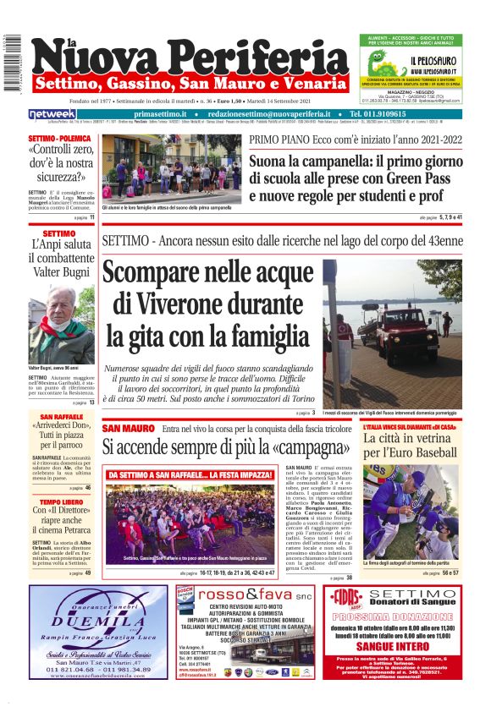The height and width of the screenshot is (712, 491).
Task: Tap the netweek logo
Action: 52,113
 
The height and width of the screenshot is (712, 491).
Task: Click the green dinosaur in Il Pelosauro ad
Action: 378,63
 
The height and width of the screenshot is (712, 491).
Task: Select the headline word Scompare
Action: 157,277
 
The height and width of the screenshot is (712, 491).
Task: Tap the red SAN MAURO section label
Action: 128,429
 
